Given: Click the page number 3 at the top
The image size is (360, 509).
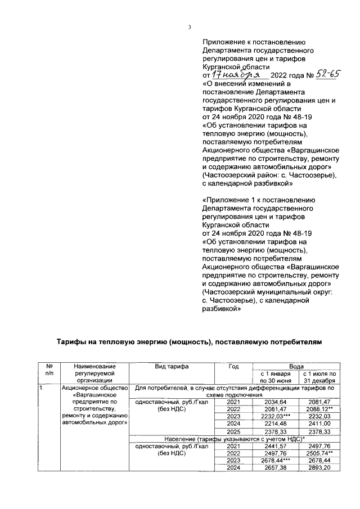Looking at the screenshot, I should [x=190, y=28].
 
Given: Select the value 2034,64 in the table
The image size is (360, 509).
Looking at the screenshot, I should [x=272, y=402].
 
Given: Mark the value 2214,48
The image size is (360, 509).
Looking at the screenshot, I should [x=272, y=424].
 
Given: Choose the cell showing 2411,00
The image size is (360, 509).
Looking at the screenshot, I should [x=319, y=424].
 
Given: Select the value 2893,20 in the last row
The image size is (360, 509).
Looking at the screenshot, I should [x=319, y=468].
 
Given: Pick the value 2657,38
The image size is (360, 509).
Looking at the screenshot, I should [x=272, y=468].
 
